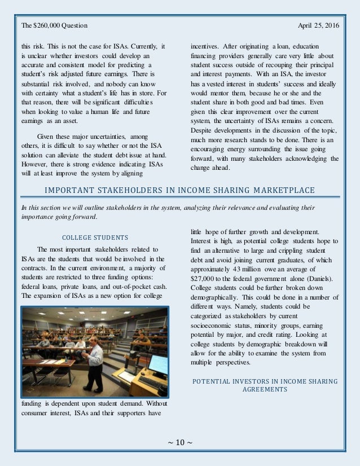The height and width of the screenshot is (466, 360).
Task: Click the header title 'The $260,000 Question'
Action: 54,26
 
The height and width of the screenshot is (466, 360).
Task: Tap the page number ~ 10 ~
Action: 180,441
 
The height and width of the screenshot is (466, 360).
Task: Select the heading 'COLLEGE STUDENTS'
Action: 94,237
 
